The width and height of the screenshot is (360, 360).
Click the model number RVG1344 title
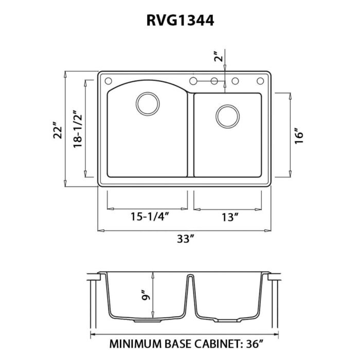179,20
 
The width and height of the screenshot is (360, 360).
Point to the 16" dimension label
301,134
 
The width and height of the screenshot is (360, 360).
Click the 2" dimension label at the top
220,57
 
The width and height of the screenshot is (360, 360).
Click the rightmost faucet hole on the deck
260,81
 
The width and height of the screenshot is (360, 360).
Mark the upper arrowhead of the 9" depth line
154,274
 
